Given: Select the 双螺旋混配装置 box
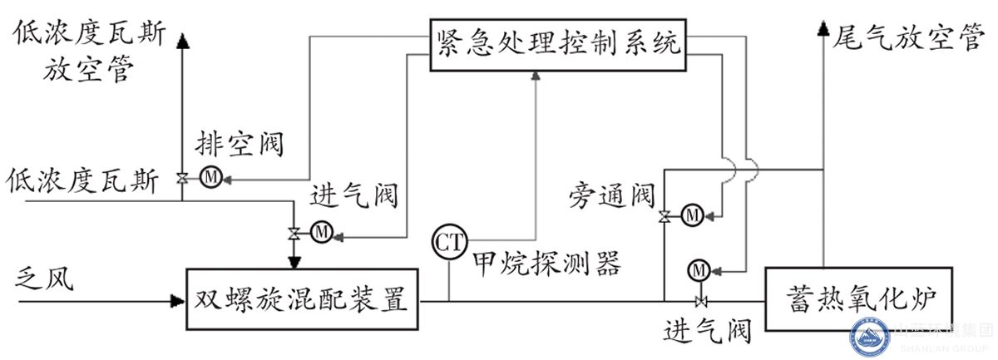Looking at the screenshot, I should (x=301, y=298).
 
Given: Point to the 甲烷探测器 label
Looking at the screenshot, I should (x=546, y=264).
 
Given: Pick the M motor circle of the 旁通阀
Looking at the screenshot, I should (x=691, y=216).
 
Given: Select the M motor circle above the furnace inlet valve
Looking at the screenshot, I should (x=700, y=269).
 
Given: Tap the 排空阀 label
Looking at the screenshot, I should (x=240, y=145).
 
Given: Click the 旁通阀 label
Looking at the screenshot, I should (x=612, y=196).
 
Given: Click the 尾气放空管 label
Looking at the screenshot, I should (x=908, y=37).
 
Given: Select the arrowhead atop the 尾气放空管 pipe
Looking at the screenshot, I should (x=824, y=30).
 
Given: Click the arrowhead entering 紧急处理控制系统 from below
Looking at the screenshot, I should (x=536, y=76).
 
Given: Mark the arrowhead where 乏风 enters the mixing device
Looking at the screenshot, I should (x=177, y=299).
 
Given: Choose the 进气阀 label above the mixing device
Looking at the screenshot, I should (x=354, y=196).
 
